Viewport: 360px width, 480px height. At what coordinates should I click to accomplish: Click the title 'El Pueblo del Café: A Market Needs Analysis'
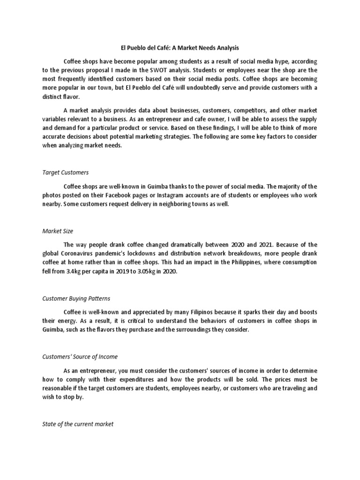pyautogui.click(x=180, y=47)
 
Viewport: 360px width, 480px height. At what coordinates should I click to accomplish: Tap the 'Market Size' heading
pyautogui.click(x=58, y=231)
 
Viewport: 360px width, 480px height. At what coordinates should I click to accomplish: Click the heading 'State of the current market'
pyautogui.click(x=78, y=424)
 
